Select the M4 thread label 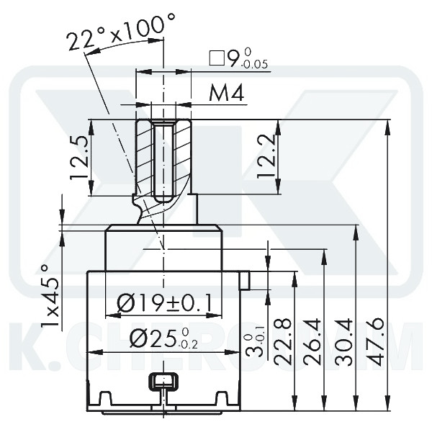226,94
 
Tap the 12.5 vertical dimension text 80,159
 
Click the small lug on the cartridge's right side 245,279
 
